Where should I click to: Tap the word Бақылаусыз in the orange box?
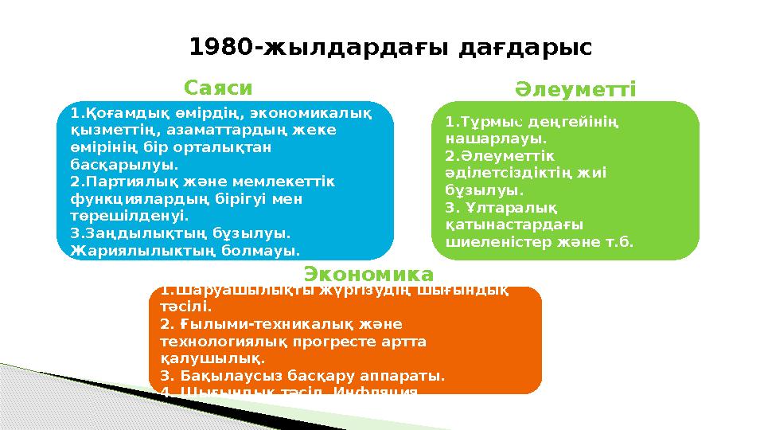[225, 376]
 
